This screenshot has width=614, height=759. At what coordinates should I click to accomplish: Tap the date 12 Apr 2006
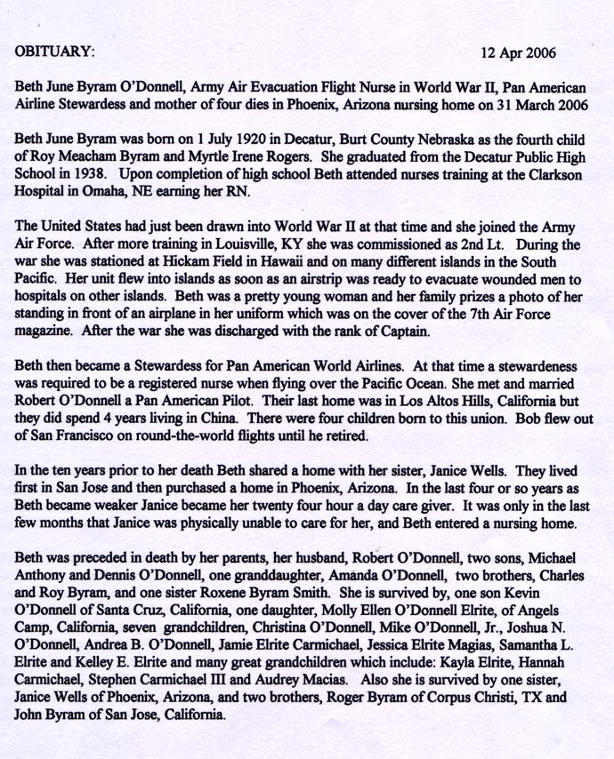(517, 52)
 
